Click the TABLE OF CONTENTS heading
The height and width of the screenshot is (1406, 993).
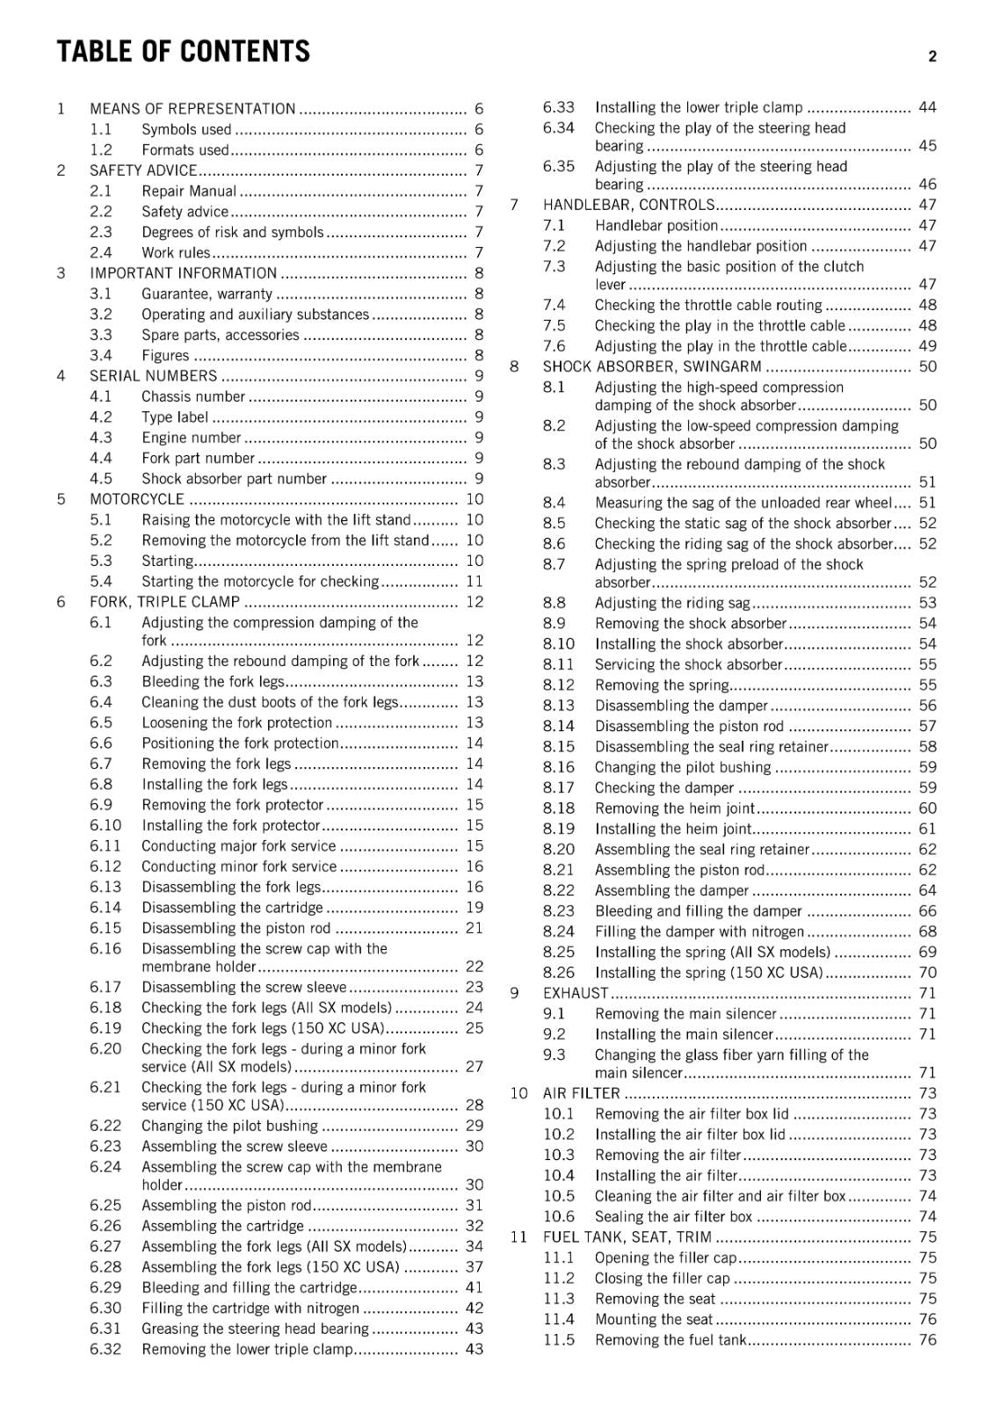pos(184,52)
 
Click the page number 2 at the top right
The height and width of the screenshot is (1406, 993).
pos(932,56)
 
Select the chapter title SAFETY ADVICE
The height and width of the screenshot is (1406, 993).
pos(143,170)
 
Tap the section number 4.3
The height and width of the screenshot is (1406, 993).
pos(101,438)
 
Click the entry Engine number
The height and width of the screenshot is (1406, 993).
pos(191,438)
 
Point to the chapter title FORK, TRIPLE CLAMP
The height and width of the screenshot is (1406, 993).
pos(164,602)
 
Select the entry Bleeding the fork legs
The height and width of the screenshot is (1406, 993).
pos(213,682)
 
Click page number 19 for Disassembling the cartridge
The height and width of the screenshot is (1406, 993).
pos(475,908)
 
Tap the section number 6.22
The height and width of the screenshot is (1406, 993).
pos(105,1126)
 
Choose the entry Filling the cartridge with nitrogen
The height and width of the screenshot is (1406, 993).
pos(250,1308)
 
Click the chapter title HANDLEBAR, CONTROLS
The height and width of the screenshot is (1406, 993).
pos(628,205)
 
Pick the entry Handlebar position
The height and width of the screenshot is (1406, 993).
pos(656,226)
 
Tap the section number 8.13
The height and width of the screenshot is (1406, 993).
pos(559,706)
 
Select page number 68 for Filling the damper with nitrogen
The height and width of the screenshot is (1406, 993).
pos(928,931)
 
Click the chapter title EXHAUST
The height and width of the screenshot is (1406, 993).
pos(576,993)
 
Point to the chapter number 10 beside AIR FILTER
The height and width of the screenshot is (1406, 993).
pos(518,1093)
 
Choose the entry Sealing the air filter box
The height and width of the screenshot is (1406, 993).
pos(673,1217)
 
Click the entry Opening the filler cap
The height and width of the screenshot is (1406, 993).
pos(666,1258)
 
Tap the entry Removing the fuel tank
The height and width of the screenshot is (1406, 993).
pos(670,1340)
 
